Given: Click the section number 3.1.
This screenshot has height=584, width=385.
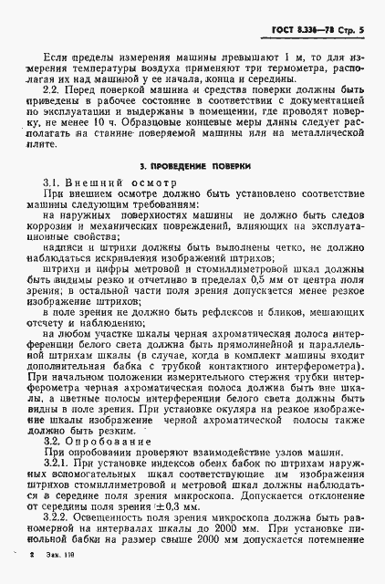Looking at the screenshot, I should (x=56, y=182).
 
